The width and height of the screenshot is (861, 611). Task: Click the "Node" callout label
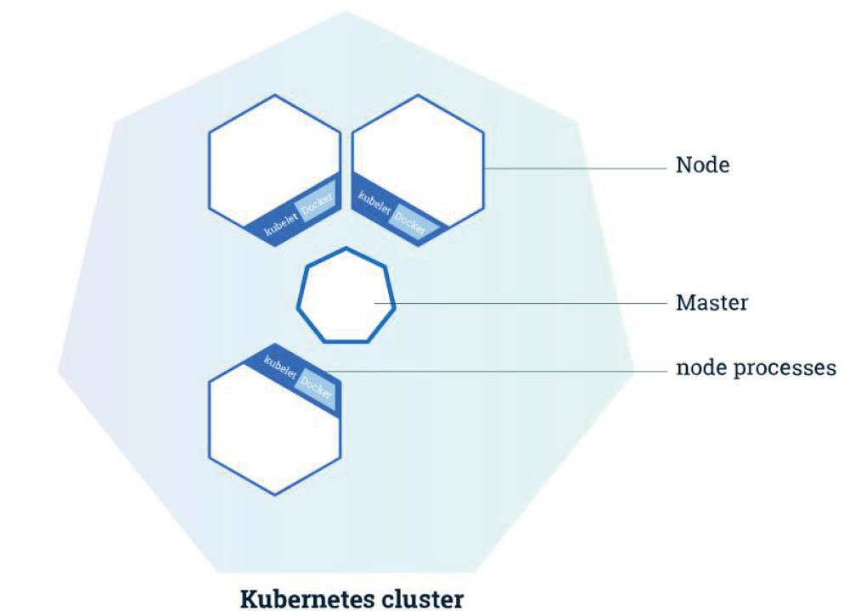[x=702, y=165]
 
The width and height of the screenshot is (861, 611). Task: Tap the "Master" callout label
[x=712, y=302]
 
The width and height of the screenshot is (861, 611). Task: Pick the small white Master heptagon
[x=346, y=295]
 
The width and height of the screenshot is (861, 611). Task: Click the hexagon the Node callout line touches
[x=418, y=171]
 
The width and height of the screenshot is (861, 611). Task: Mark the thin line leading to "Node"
[x=576, y=168]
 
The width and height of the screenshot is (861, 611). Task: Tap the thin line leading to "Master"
[x=521, y=303]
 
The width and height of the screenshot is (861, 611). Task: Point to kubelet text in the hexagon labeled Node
[x=374, y=202]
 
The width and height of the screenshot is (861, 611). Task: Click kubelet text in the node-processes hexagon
[x=280, y=366]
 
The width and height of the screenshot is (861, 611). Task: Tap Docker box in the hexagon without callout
[x=315, y=206]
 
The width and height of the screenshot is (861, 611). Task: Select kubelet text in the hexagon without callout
[x=281, y=223]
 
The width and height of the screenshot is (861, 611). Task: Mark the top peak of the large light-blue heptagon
[x=346, y=10]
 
